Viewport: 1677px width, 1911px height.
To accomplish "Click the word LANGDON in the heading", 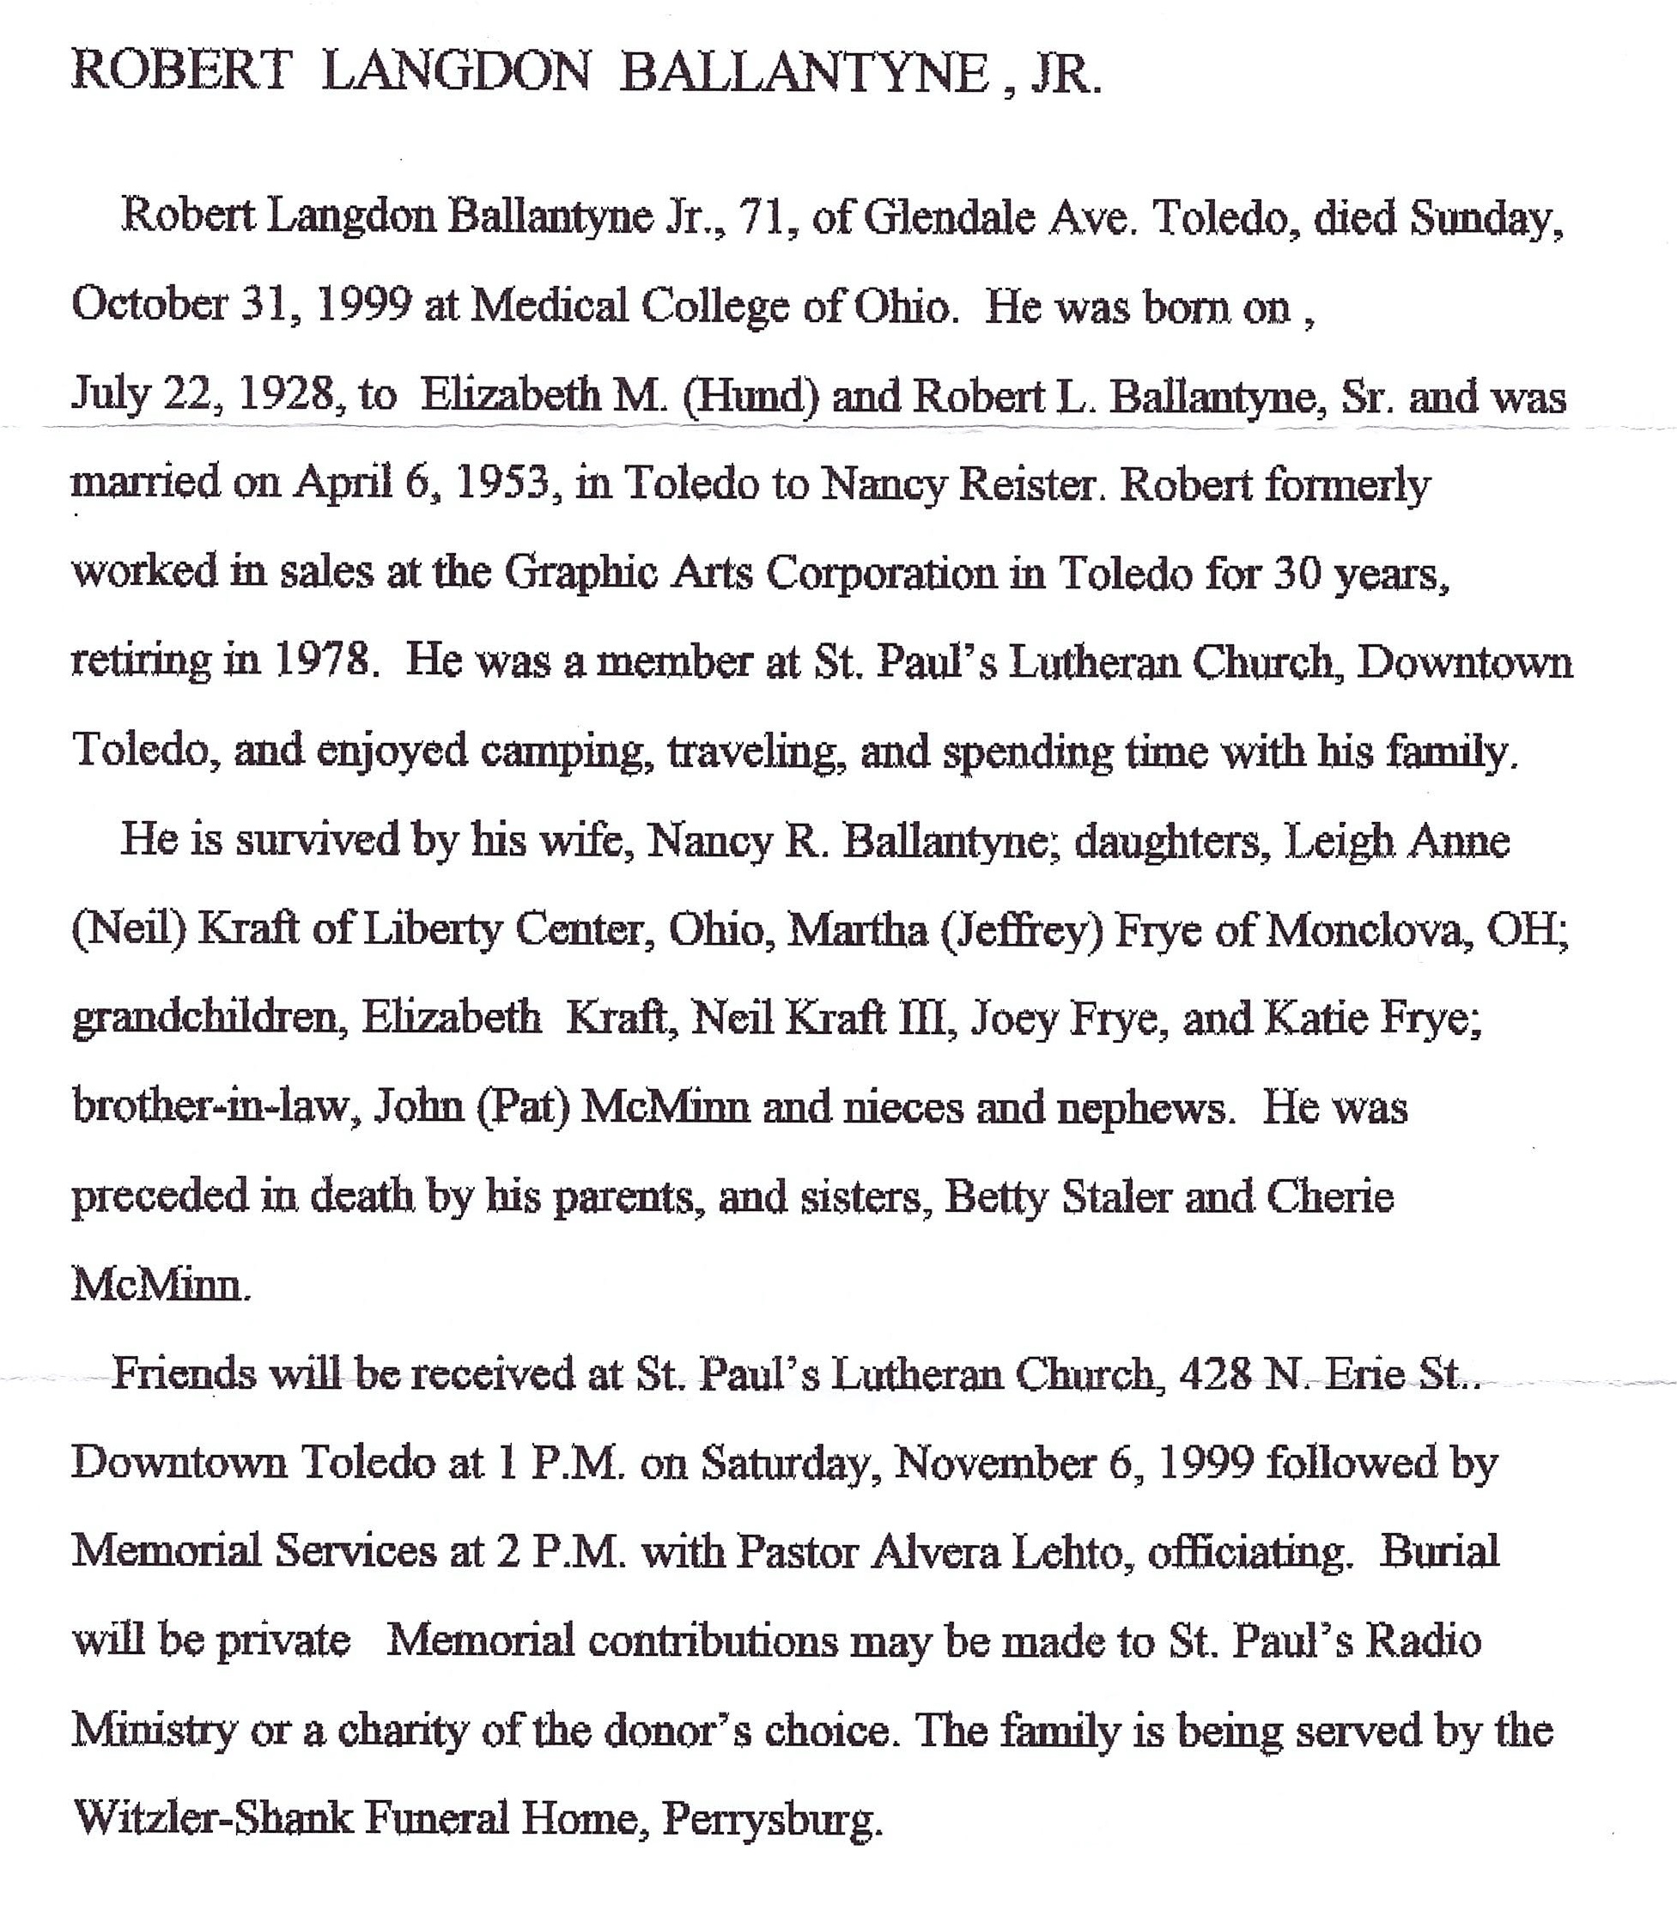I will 455,73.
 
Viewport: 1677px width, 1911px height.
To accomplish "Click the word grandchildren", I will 210,1018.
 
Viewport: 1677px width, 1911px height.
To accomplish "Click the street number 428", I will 1214,1374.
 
